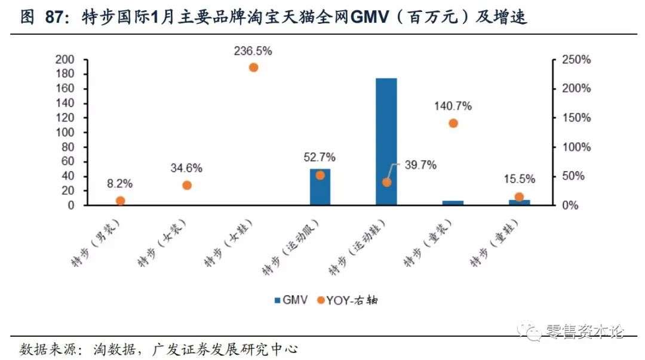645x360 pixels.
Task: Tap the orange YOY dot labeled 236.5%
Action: pos(253,67)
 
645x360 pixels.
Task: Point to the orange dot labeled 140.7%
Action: pos(453,124)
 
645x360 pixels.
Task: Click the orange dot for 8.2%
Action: pos(120,201)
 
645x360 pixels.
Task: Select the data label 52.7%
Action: pos(320,158)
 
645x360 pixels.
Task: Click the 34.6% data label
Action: pos(186,168)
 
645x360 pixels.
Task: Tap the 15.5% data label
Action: pos(519,179)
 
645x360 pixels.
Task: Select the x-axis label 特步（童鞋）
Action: pos(494,242)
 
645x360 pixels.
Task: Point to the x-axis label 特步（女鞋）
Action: pos(229,242)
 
